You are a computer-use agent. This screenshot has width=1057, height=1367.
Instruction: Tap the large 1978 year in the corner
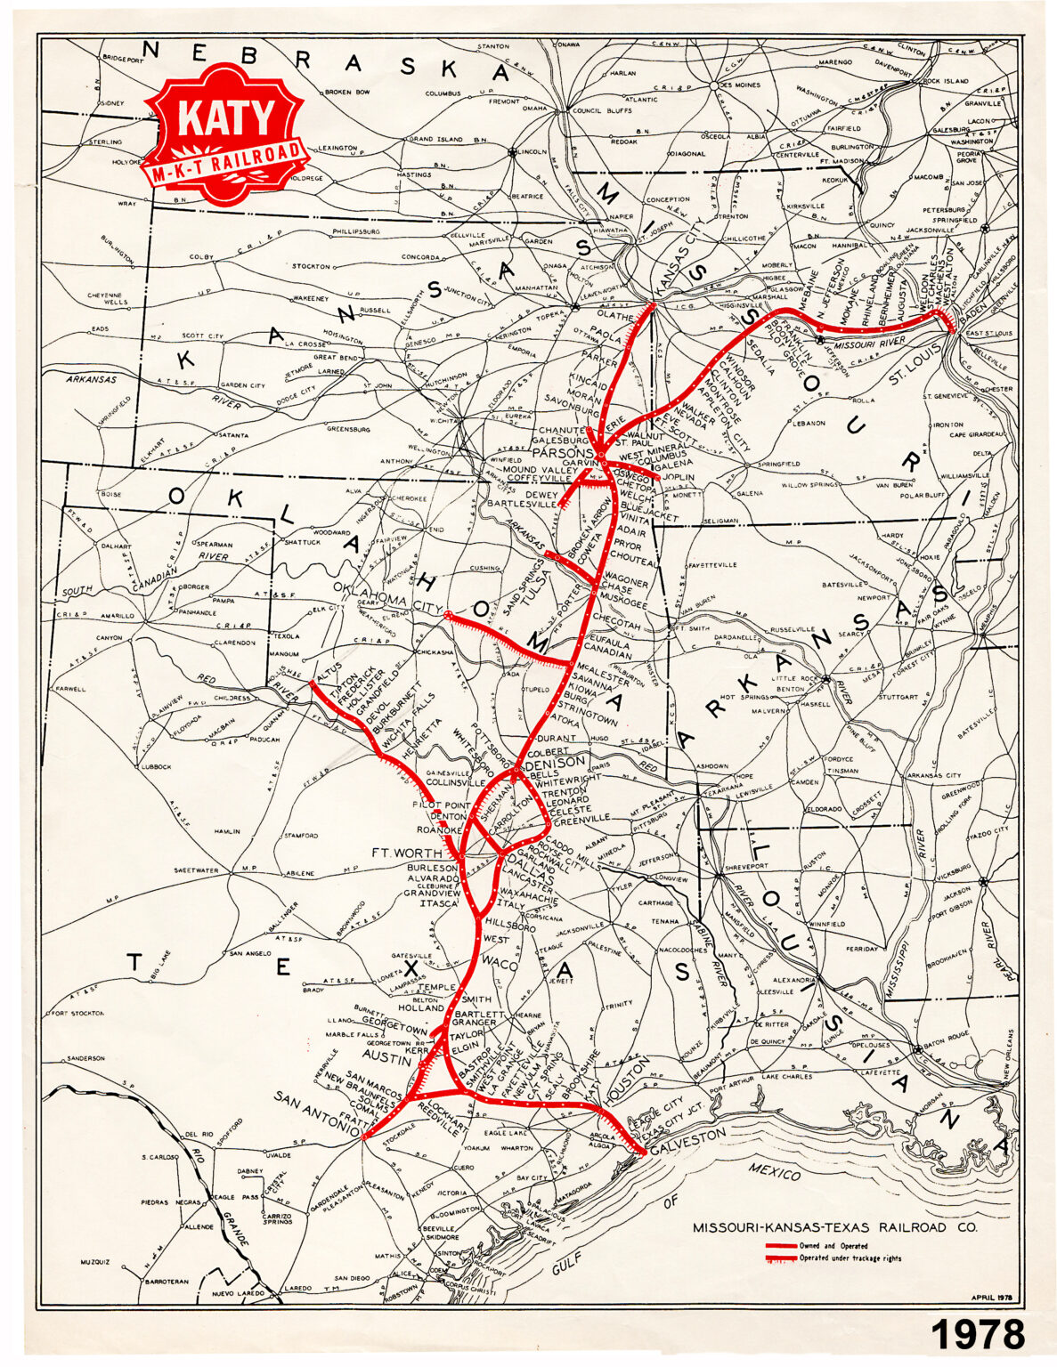pyautogui.click(x=978, y=1336)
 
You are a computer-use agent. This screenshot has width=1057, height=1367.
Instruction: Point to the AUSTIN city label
pyautogui.click(x=386, y=1060)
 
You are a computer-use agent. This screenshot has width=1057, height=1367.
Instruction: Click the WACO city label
pyautogui.click(x=500, y=962)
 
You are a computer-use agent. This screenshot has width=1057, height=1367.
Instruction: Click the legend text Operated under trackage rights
pyautogui.click(x=850, y=1258)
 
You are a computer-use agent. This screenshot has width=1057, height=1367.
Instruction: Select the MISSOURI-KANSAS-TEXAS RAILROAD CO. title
pyautogui.click(x=834, y=1227)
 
